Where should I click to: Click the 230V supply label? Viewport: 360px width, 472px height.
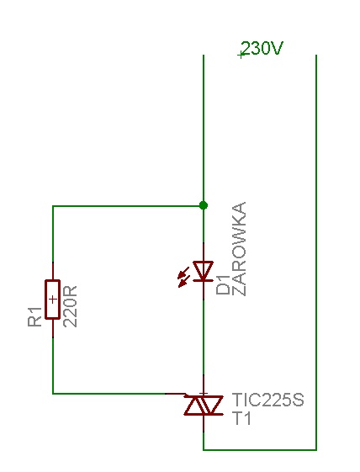[262, 48]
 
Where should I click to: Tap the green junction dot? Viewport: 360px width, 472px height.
[204, 205]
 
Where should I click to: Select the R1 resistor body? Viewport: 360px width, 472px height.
[53, 300]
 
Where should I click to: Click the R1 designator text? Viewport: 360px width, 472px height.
[34, 316]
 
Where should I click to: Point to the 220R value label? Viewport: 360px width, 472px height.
[70, 306]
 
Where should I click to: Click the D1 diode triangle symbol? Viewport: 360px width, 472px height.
[204, 271]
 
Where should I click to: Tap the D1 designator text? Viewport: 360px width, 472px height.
[223, 289]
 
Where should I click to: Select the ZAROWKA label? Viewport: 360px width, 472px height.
[240, 249]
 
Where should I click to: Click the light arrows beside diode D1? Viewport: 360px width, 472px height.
[183, 277]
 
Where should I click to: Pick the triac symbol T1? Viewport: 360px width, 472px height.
[204, 406]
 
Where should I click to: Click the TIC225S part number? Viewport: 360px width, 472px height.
[267, 400]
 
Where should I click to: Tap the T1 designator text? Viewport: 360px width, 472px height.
[241, 418]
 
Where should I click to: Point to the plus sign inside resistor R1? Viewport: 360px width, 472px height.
[53, 300]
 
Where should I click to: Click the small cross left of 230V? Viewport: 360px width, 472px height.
[241, 55]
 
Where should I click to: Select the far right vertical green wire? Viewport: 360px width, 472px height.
[316, 252]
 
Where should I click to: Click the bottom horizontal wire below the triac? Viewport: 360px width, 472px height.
[260, 450]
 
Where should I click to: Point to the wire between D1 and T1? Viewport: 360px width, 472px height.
[204, 337]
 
